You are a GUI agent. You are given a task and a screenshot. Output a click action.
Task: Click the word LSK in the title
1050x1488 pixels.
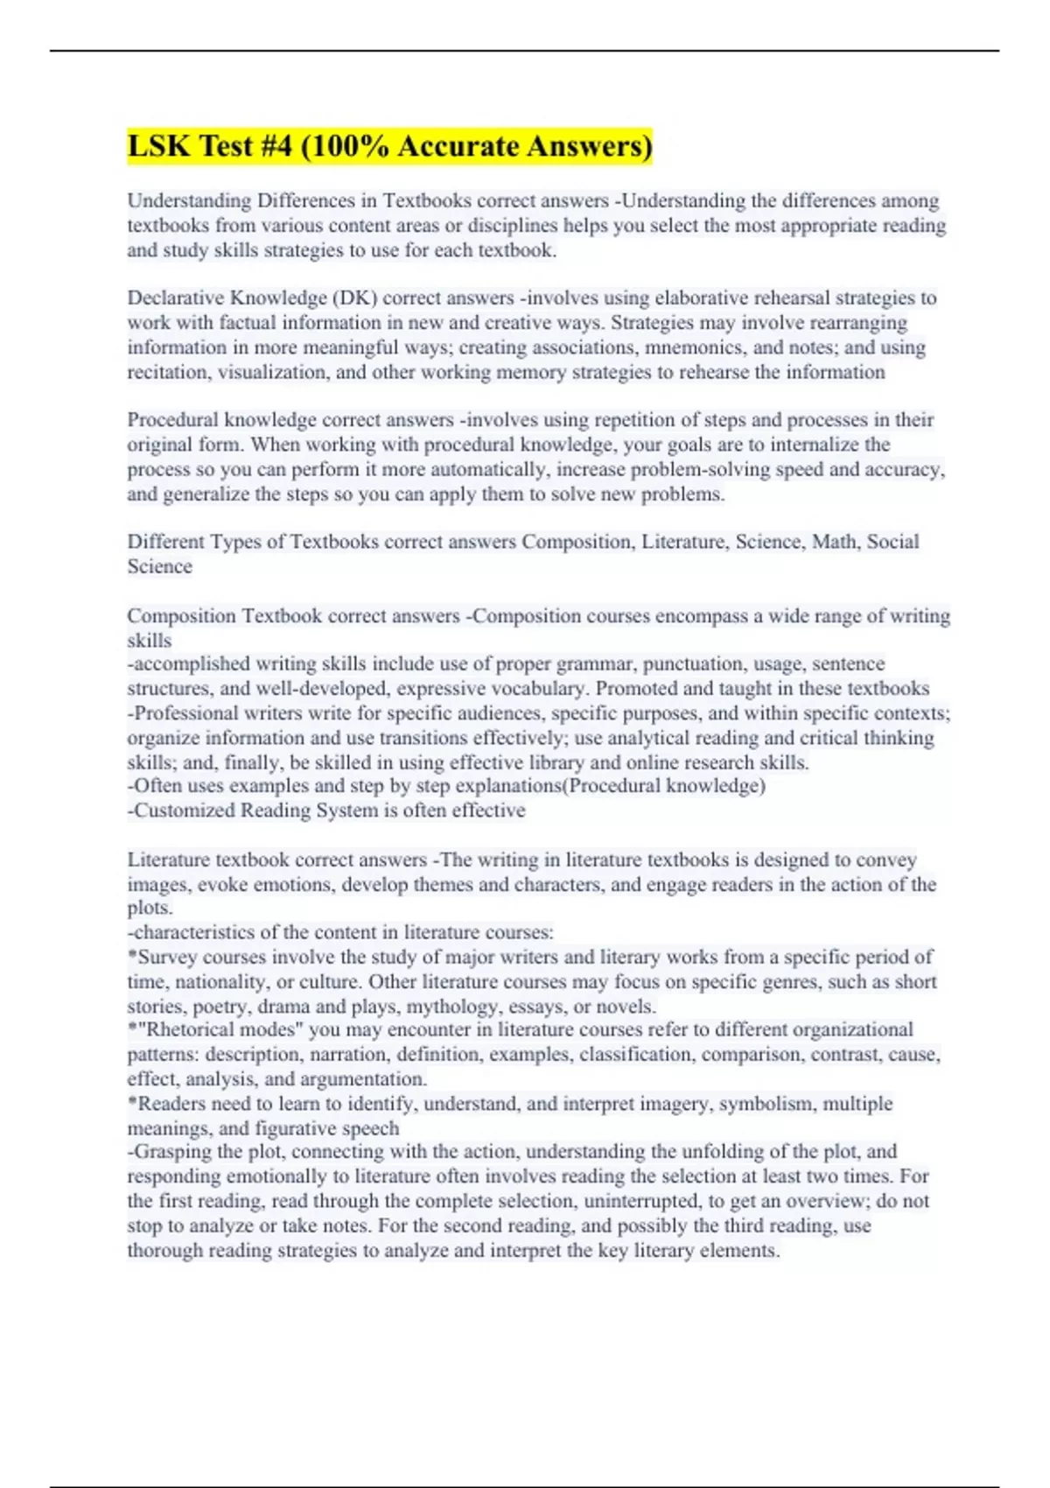[x=158, y=145]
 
